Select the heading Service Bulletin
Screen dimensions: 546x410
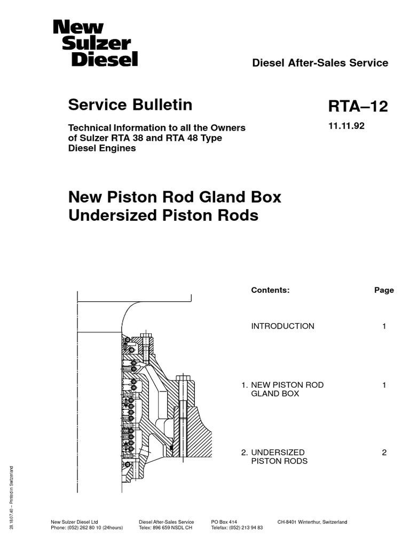[130, 105]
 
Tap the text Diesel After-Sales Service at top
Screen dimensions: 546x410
[320, 63]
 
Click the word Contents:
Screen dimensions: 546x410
[270, 291]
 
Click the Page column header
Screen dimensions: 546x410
[384, 291]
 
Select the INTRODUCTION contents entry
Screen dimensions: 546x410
[282, 326]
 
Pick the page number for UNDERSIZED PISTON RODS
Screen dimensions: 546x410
[384, 453]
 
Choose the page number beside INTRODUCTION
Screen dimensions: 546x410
[384, 326]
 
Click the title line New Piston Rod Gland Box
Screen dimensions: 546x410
[175, 197]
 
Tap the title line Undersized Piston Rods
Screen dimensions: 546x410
[163, 215]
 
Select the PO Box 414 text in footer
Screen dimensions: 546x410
[224, 521]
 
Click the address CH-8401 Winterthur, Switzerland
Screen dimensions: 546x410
[312, 521]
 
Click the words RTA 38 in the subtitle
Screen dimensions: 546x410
[168, 138]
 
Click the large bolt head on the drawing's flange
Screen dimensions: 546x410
[183, 379]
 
